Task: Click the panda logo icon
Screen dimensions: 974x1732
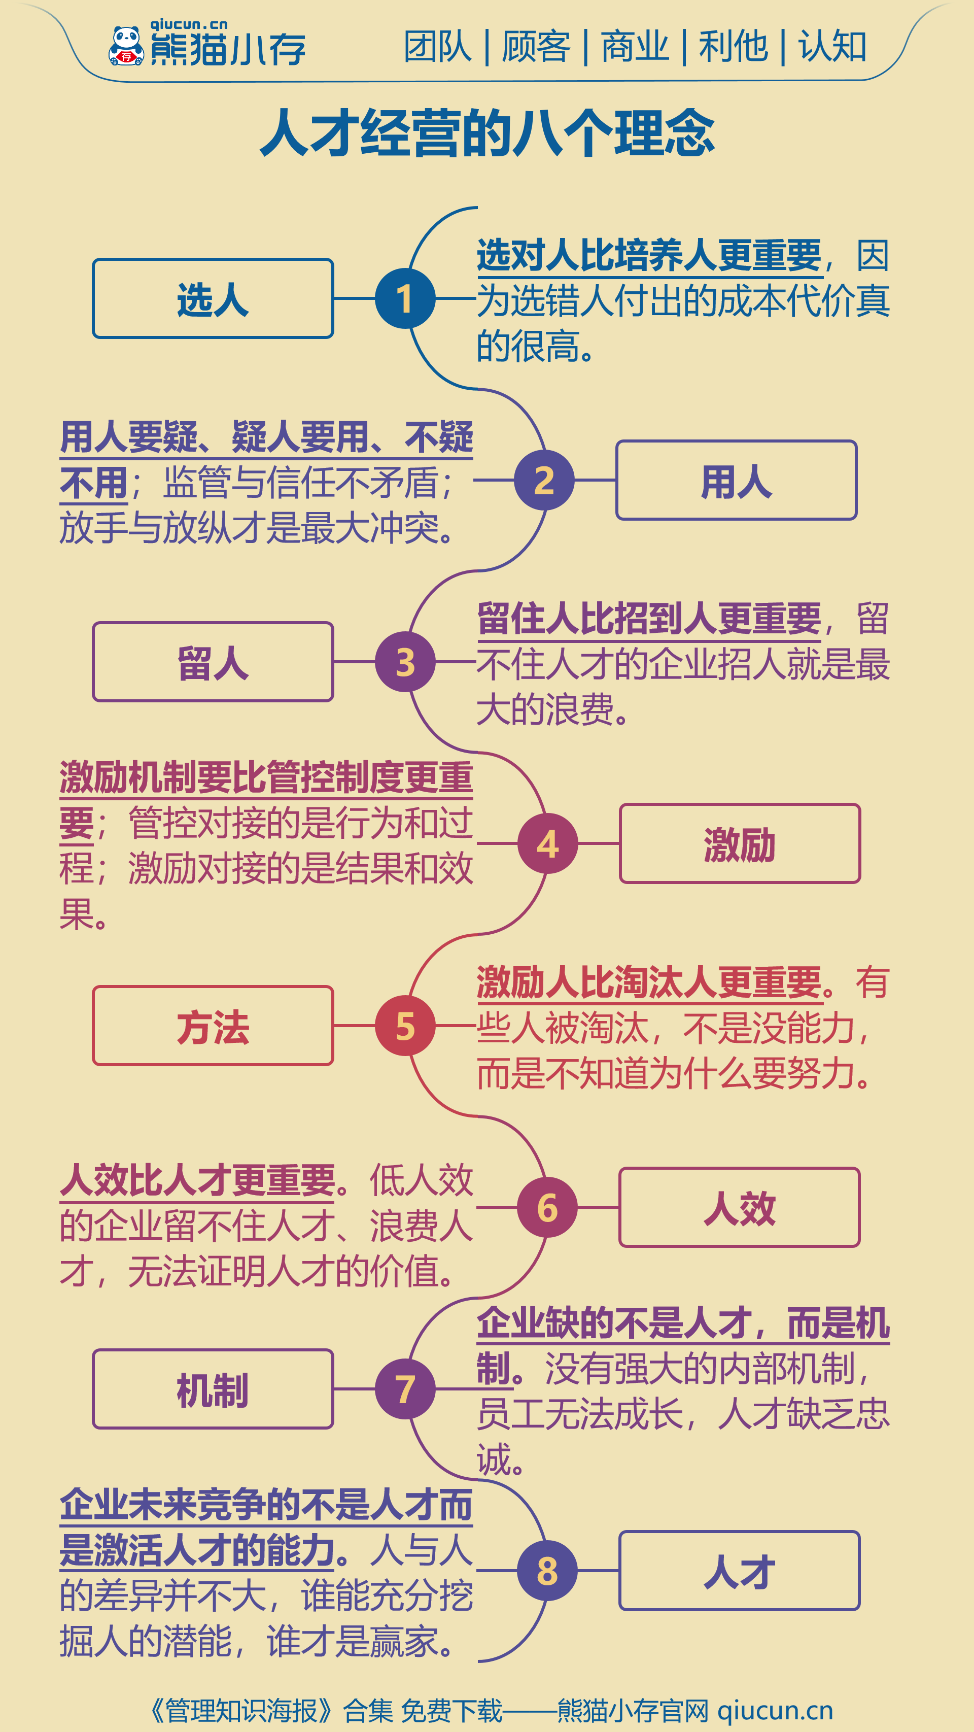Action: pos(126,46)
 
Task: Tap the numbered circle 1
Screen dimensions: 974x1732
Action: pos(405,298)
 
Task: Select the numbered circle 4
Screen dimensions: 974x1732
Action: pos(548,843)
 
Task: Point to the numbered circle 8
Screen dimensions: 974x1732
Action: pos(547,1571)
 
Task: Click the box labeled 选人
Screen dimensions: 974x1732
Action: pos(213,298)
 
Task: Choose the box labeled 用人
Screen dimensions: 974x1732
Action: pos(736,480)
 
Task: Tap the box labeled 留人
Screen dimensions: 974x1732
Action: pos(213,662)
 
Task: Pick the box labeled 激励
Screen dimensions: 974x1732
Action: pos(740,843)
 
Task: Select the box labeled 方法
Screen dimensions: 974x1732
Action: pos(213,1026)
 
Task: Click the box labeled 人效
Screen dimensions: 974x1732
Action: pos(740,1207)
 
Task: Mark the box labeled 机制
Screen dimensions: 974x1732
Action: pos(213,1388)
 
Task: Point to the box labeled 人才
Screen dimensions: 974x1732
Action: pos(740,1571)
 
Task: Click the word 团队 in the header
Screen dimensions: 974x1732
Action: pos(438,46)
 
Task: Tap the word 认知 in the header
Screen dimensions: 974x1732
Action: pos(832,46)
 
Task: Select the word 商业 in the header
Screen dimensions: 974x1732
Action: pos(635,46)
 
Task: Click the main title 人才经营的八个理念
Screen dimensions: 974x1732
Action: pos(488,133)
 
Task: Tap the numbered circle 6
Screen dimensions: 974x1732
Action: pos(547,1207)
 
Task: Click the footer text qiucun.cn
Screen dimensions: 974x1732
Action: pos(775,1710)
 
